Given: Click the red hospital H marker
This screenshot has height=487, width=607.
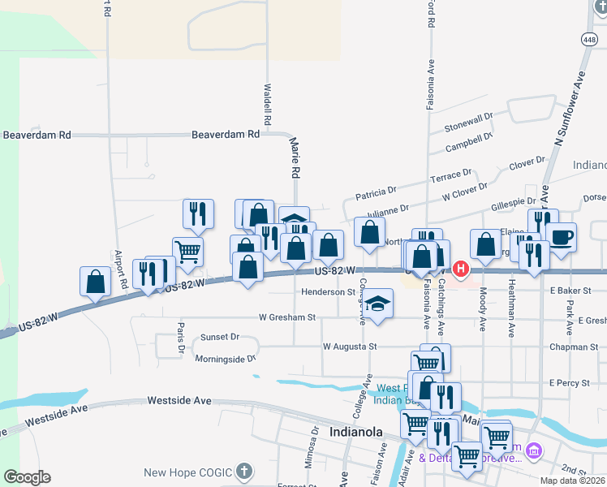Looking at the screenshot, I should point(461,268).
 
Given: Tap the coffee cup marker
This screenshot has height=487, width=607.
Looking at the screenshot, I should point(561,237).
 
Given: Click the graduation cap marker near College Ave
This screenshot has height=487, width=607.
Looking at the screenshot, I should point(376,304).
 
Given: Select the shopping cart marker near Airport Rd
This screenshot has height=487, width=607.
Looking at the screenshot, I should point(187,252).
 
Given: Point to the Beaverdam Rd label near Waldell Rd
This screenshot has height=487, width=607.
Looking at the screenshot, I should point(226,135).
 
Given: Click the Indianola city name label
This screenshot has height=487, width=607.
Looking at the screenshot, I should point(356,432).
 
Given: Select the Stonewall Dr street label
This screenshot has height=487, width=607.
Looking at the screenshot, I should point(469,123).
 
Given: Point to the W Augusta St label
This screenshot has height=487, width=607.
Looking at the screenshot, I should point(351,347).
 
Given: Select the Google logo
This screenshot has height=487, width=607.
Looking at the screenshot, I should point(27,476).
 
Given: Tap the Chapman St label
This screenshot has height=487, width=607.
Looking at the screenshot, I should point(573,347).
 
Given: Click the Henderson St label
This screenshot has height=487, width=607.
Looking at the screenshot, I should point(329,291).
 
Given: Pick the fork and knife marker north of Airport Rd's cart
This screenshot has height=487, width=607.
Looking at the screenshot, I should point(198,214).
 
